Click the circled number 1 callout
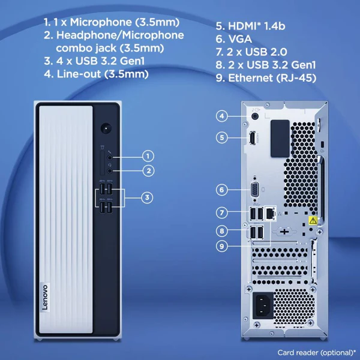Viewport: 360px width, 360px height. [148, 156]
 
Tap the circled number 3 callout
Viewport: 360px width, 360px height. [147, 197]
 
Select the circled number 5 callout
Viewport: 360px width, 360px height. [222, 137]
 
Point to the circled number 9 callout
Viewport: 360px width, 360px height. [222, 246]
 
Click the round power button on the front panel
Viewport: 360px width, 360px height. [106, 129]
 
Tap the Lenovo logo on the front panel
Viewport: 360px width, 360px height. [45, 297]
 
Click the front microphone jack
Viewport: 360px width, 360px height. [110, 157]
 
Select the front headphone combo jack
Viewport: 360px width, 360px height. [110, 171]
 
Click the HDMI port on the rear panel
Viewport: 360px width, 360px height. [253, 138]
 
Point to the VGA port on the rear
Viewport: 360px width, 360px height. [254, 190]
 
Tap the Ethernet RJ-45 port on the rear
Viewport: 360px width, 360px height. [270, 213]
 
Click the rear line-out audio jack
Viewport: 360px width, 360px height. [255, 116]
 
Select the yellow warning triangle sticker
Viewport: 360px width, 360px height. [313, 221]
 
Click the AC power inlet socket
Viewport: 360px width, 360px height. [263, 305]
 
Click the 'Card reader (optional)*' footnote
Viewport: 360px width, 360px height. [317, 352]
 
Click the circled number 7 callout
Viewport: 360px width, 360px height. [222, 212]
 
